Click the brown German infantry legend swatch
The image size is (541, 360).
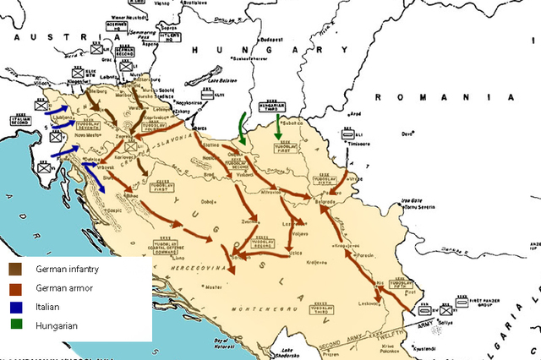tap(16, 269)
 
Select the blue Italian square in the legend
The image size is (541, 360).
tap(16, 306)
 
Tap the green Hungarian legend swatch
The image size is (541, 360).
tap(16, 325)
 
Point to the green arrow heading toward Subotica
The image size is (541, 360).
tap(280, 127)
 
